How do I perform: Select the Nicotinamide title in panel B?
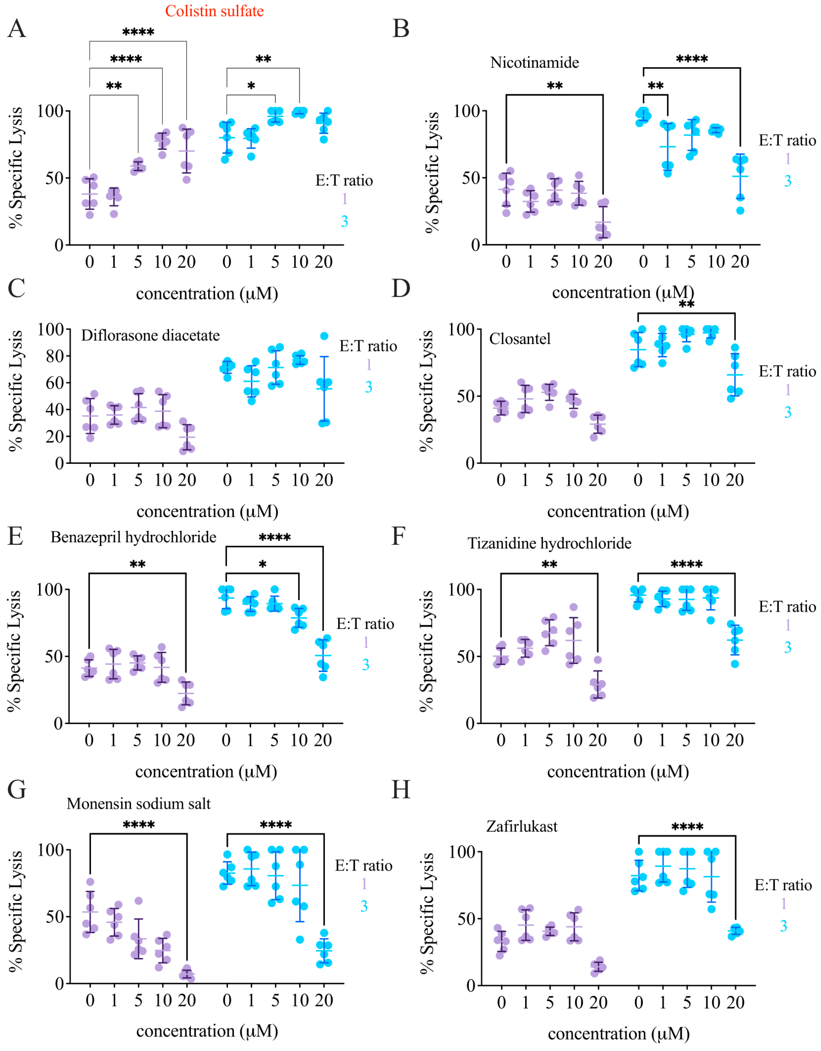[x=534, y=63]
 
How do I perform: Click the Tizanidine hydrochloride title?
[x=549, y=543]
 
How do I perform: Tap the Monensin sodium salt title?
[x=138, y=804]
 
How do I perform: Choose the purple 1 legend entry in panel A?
[x=344, y=199]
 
